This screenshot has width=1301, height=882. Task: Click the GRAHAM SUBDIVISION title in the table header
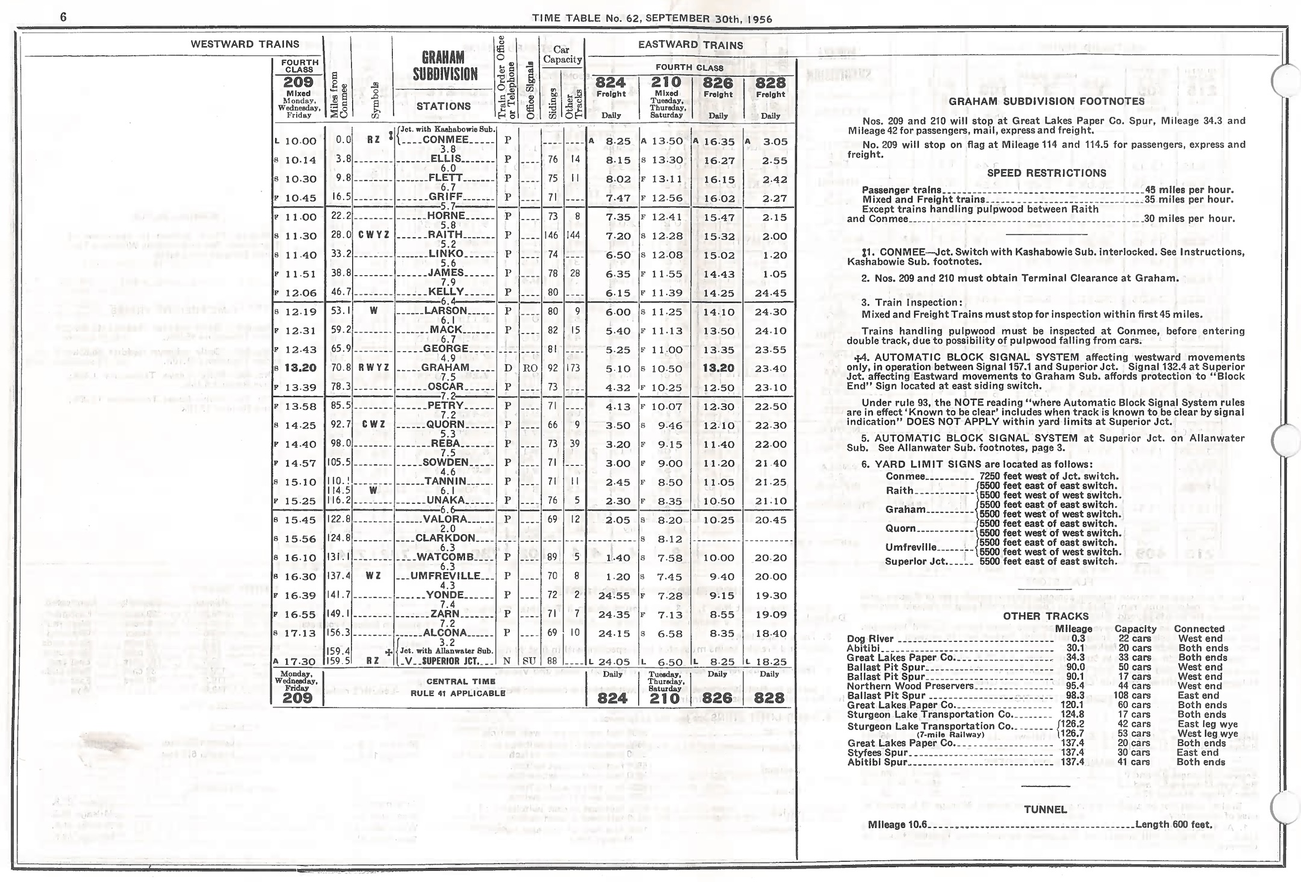(445, 66)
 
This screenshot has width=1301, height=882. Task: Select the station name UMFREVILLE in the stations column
(445, 576)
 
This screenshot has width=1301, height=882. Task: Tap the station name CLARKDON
(445, 538)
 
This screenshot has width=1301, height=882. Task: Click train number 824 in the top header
(611, 83)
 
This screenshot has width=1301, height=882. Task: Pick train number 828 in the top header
(770, 83)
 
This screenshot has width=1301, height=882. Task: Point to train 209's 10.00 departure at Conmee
(300, 142)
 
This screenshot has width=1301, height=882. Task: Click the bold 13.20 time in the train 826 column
(718, 368)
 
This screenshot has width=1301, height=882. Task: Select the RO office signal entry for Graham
(530, 368)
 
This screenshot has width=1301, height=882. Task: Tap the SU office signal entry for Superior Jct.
(529, 661)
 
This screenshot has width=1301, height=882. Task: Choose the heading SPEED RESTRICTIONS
(1046, 173)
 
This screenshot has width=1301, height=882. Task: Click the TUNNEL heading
(1045, 810)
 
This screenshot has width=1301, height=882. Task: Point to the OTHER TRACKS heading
(1046, 616)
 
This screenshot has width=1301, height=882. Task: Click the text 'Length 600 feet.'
(1173, 824)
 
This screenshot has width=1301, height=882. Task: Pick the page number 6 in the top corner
(63, 17)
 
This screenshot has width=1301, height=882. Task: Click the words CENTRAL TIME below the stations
(461, 681)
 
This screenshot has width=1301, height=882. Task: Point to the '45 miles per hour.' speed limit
(1189, 190)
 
